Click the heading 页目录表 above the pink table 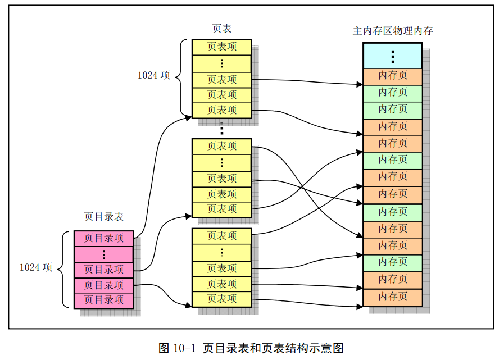tap(104, 216)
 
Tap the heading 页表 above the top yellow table tap(221, 29)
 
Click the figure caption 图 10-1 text tap(251, 348)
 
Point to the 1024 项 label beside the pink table tap(36, 268)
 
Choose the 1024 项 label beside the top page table tap(154, 75)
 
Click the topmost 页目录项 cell tap(104, 238)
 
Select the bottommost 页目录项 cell tap(104, 300)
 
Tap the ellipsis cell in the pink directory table tap(104, 254)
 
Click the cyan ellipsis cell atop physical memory tap(392, 56)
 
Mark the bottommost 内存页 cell tap(392, 297)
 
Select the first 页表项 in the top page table tap(221, 47)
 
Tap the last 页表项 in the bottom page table tap(221, 299)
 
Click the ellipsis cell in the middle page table tap(221, 163)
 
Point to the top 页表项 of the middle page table tap(221, 146)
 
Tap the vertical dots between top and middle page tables tap(221, 129)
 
